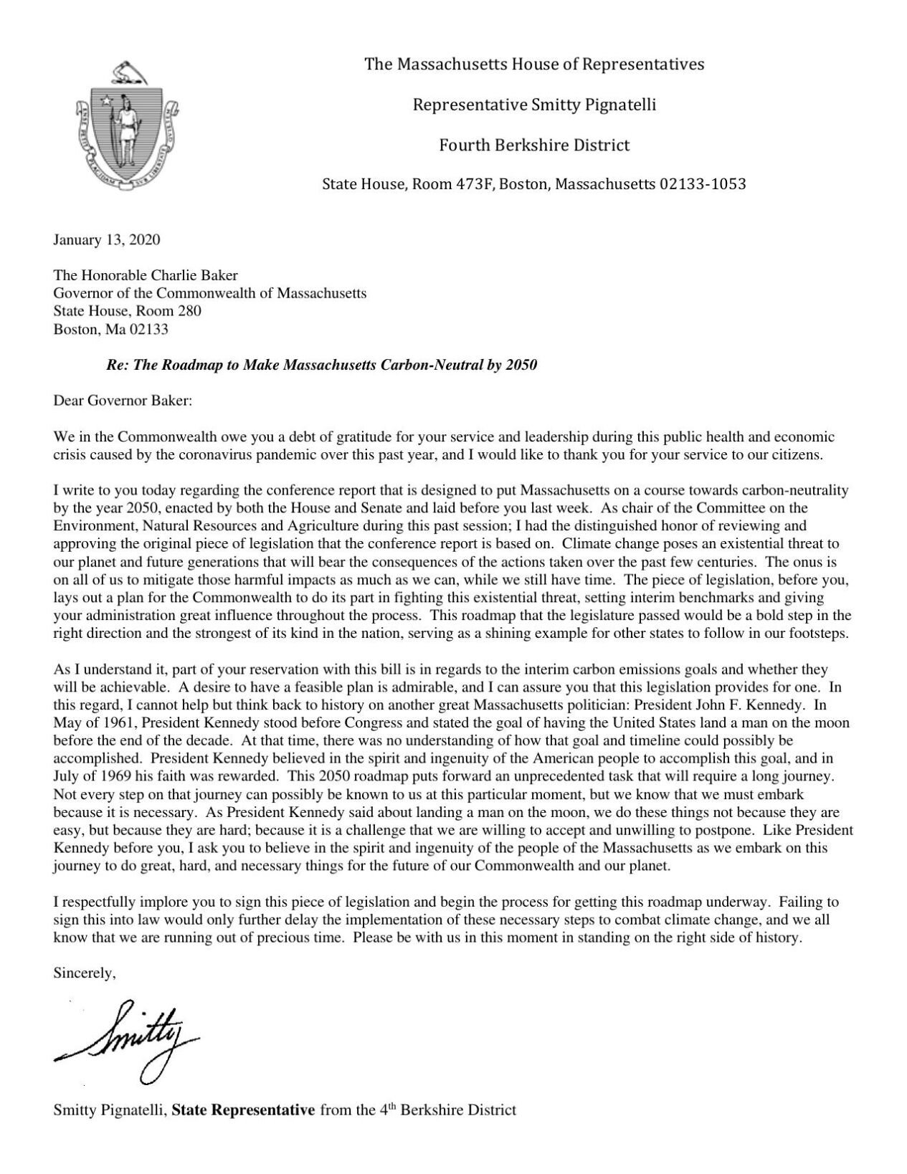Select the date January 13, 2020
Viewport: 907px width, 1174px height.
(107, 239)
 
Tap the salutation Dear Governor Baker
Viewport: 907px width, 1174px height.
(123, 401)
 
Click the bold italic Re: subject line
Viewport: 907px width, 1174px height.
(321, 365)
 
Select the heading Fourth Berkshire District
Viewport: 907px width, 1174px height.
(534, 145)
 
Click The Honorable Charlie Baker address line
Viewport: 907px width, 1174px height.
(146, 275)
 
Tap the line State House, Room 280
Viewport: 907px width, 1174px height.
(128, 311)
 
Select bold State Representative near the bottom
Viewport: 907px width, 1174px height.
(244, 1111)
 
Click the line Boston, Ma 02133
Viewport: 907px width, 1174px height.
(111, 330)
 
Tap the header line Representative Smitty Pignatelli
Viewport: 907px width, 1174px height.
(534, 105)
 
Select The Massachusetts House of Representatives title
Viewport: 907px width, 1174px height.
(534, 65)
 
